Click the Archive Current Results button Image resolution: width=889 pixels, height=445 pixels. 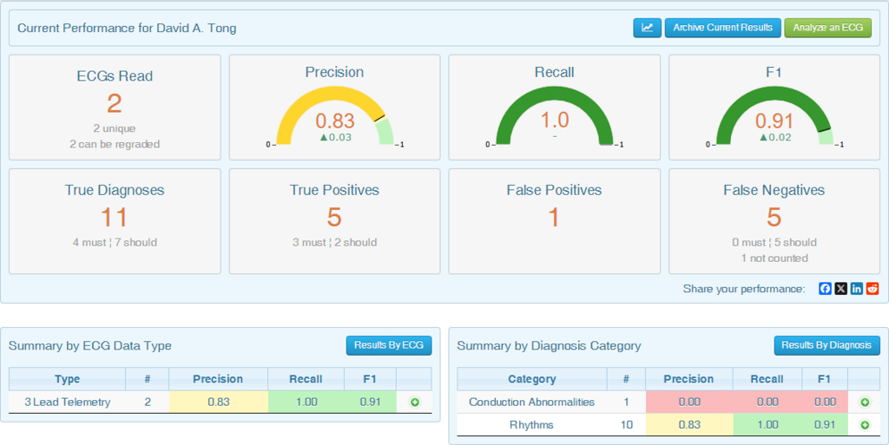pos(722,28)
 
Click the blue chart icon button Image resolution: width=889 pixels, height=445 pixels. pos(647,28)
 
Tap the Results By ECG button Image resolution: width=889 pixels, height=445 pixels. pos(389,345)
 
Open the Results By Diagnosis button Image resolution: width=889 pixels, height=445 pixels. pos(826,345)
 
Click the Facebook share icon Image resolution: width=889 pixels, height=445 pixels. pos(825,289)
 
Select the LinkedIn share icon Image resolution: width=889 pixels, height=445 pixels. pos(857,289)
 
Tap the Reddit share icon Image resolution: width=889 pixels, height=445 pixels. pos(873,289)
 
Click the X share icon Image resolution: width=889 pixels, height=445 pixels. pos(840,289)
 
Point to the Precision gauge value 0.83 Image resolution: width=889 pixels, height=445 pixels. pos(334,121)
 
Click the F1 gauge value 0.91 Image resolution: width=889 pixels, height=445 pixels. pos(774,121)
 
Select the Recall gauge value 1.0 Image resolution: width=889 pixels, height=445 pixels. pos(555,120)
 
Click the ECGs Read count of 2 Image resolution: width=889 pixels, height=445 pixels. pos(115,103)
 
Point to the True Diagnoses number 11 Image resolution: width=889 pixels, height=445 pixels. pos(115,218)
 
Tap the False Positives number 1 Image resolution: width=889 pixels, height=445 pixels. pos(554,218)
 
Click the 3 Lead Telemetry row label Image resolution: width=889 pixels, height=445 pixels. pos(68,402)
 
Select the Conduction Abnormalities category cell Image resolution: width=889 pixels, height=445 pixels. pos(532,402)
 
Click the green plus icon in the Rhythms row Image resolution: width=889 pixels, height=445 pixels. pos(865,425)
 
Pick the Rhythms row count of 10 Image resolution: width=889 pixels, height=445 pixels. pos(627,425)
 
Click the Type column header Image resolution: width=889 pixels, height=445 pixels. pos(68,379)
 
